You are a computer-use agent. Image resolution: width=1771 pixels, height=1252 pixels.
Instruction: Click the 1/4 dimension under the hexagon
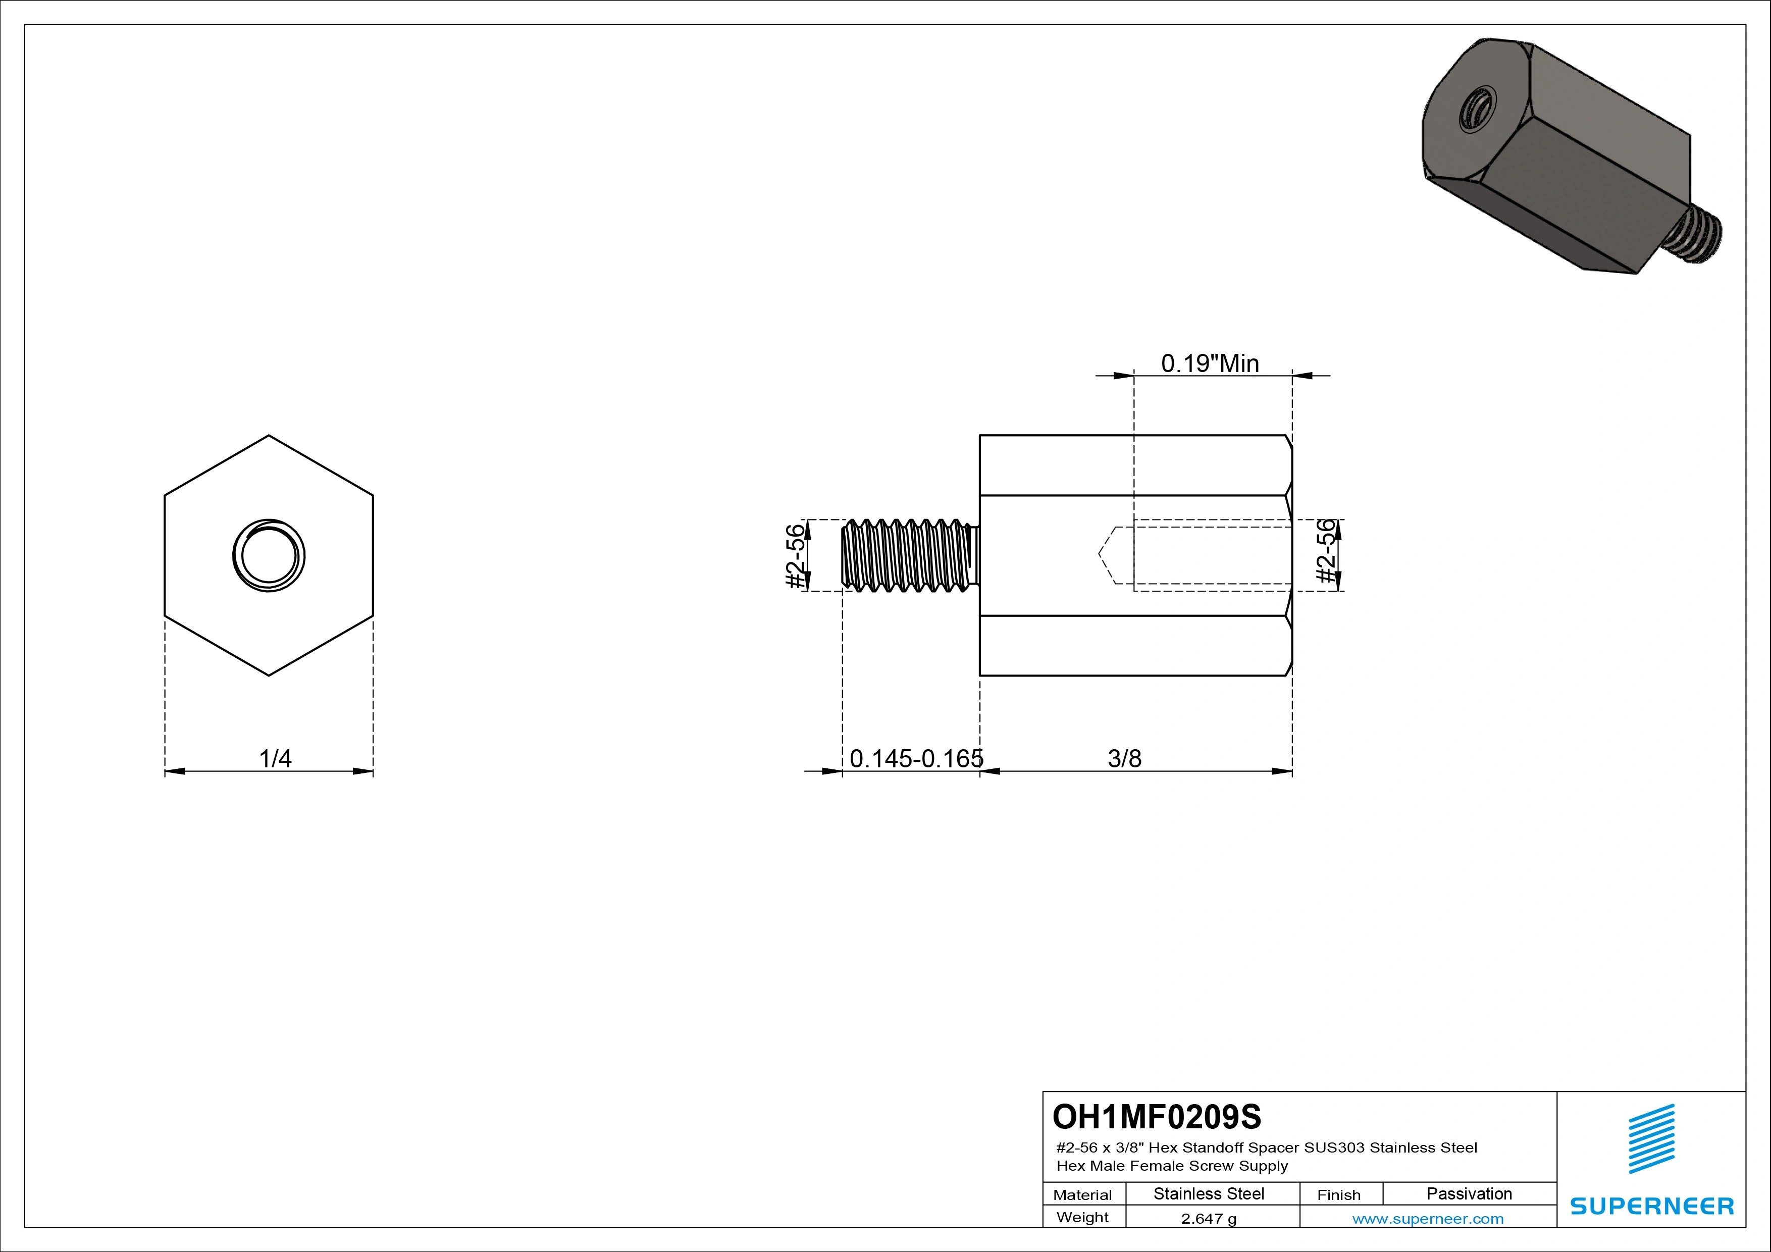click(x=275, y=759)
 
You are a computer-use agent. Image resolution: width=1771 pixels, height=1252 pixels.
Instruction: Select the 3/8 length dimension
click(x=1124, y=759)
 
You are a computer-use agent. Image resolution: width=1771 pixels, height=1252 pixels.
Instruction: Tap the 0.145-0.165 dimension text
click(x=916, y=759)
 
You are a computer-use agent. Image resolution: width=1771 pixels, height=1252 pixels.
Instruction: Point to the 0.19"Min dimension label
click(x=1210, y=363)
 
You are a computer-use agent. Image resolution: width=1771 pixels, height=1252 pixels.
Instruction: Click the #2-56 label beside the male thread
click(x=795, y=556)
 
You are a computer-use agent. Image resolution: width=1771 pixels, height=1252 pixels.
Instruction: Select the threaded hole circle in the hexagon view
click(x=269, y=555)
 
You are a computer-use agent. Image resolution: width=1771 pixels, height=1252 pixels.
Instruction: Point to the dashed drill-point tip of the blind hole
click(x=1100, y=554)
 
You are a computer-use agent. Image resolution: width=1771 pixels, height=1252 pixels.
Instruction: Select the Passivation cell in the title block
click(x=1469, y=1193)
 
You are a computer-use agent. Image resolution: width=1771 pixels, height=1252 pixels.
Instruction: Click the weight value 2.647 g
click(x=1209, y=1219)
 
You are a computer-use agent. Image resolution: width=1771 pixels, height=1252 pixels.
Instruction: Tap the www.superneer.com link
click(x=1428, y=1219)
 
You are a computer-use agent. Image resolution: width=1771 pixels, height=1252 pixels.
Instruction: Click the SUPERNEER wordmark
click(x=1651, y=1206)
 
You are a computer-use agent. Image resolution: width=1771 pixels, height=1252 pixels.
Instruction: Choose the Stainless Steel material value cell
click(x=1209, y=1193)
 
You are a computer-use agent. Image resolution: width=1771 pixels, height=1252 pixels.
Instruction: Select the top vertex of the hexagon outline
click(x=269, y=436)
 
